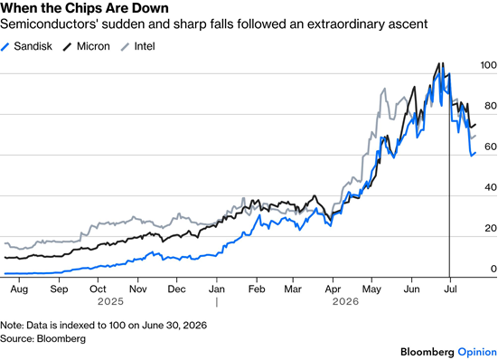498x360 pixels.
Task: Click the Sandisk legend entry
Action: click(x=27, y=46)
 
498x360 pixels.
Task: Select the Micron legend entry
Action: click(x=87, y=46)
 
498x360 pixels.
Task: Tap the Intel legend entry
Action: click(x=138, y=46)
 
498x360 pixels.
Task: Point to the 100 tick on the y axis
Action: click(x=488, y=65)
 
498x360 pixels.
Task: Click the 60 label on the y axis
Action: click(x=491, y=147)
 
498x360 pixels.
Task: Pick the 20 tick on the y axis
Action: click(x=491, y=228)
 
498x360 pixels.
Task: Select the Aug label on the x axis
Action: click(x=19, y=289)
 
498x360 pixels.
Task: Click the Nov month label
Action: click(x=138, y=289)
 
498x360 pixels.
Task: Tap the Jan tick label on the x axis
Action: click(x=217, y=289)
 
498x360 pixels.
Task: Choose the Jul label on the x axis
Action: click(x=450, y=289)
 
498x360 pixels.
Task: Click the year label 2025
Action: click(x=110, y=301)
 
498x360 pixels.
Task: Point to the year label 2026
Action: click(x=345, y=301)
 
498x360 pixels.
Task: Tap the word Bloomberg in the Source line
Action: click(x=61, y=338)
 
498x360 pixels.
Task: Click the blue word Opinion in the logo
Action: click(x=477, y=352)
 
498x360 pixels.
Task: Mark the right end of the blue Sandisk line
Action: click(x=475, y=153)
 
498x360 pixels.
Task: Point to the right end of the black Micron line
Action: click(x=475, y=124)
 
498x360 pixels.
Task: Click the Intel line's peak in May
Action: click(x=385, y=89)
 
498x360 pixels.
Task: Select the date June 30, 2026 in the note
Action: click(x=174, y=326)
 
